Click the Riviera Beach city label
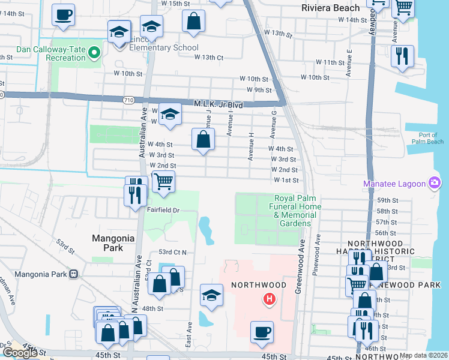coord(331,8)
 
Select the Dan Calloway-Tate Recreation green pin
coord(94,54)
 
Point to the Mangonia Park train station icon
coord(74,274)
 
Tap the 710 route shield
coord(127,100)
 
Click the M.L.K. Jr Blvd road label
coord(218,104)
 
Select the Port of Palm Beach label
coord(427,138)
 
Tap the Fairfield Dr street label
coord(164,210)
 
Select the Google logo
coord(20,352)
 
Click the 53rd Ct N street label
coord(172,253)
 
